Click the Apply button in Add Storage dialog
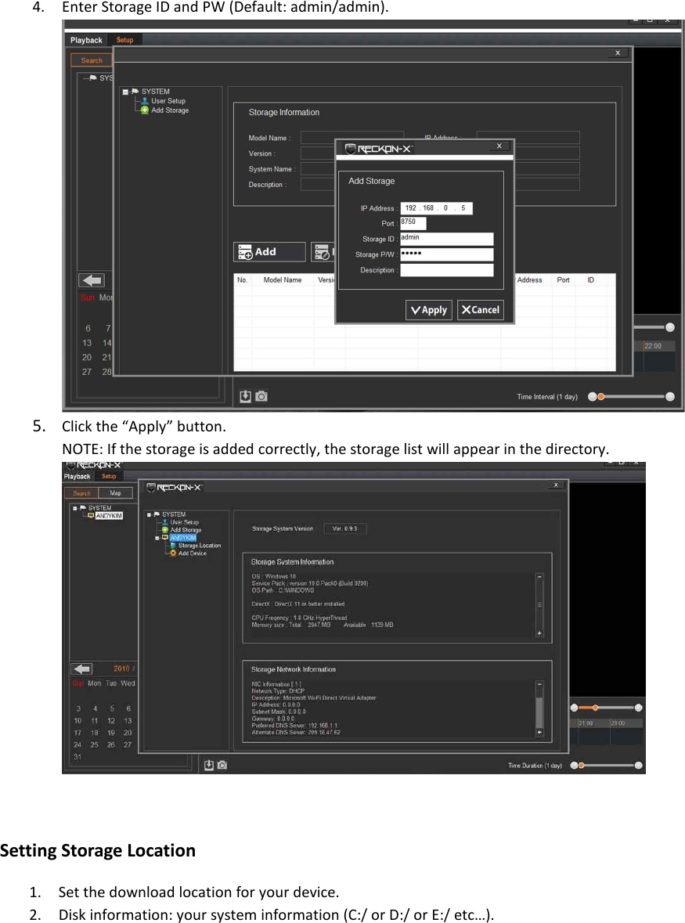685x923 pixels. tap(428, 310)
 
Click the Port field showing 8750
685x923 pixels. tap(413, 223)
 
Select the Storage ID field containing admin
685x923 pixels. tap(446, 239)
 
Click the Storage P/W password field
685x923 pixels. tap(446, 254)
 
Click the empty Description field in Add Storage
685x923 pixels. tap(446, 270)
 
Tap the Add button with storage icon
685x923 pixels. tap(269, 251)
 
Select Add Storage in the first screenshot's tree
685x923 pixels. tap(170, 110)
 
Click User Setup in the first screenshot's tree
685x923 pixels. tap(168, 101)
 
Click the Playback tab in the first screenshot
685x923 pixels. tap(86, 40)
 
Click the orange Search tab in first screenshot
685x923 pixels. tap(92, 60)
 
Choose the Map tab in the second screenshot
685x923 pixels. tap(115, 493)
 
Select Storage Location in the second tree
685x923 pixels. tap(199, 545)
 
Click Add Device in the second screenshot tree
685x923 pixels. tap(192, 553)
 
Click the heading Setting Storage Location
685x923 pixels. tap(98, 850)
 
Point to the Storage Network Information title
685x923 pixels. tap(293, 669)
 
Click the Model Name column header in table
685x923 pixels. tap(282, 279)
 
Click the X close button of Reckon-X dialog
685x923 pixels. tap(499, 146)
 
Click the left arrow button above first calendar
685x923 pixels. tap(92, 280)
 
